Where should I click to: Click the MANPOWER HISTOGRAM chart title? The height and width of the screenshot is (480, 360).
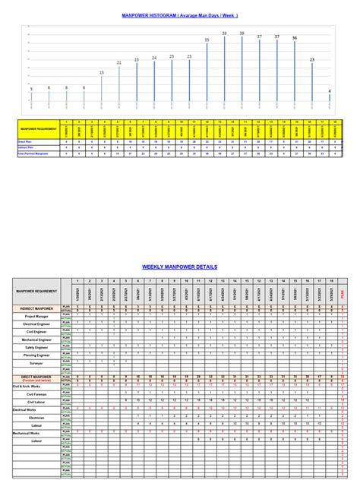tap(179, 15)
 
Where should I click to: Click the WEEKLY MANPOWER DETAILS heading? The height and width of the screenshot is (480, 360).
tap(179, 267)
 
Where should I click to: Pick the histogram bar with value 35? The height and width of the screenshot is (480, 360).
tap(207, 71)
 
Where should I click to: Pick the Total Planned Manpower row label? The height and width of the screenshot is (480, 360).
tap(36, 154)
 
